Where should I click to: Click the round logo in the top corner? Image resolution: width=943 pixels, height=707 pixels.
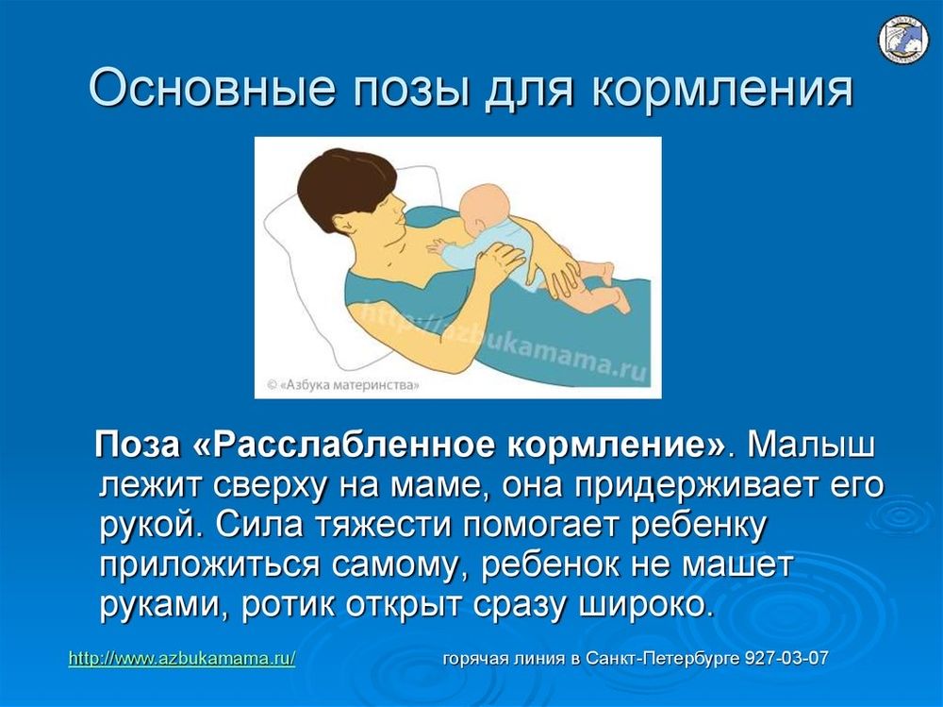pyautogui.click(x=903, y=40)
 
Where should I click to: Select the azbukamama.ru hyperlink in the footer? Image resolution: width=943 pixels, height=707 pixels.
pyautogui.click(x=181, y=658)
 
